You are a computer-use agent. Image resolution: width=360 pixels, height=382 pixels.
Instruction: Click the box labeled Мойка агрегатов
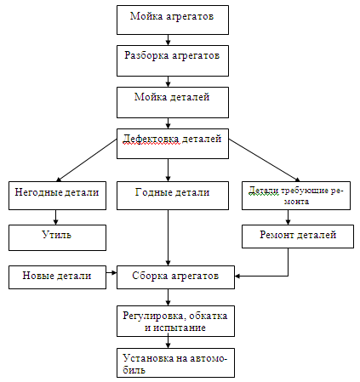click(173, 20)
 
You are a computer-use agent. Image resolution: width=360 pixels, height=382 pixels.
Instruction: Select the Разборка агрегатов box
click(173, 60)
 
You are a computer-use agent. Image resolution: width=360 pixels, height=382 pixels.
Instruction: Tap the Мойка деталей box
click(173, 102)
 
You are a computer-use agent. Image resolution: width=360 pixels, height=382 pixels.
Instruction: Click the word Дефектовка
click(151, 139)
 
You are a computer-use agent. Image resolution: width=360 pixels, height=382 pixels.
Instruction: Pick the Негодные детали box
click(57, 196)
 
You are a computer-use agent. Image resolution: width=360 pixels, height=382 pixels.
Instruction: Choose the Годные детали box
click(173, 196)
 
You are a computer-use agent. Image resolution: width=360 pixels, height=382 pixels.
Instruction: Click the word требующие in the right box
click(306, 191)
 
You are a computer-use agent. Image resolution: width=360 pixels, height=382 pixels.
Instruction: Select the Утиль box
click(57, 237)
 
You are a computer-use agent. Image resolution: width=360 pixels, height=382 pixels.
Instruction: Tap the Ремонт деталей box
click(298, 237)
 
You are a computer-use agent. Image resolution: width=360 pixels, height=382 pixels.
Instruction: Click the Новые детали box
click(57, 277)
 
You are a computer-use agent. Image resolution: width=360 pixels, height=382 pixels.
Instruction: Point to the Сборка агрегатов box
click(175, 277)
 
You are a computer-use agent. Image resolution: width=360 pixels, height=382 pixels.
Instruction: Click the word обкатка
click(209, 316)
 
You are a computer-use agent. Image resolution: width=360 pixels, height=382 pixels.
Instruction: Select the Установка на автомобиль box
click(175, 362)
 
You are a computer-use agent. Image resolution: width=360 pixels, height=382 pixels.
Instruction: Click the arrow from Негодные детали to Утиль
click(55, 218)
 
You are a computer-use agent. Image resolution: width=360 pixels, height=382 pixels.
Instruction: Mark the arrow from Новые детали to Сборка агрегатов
click(111, 273)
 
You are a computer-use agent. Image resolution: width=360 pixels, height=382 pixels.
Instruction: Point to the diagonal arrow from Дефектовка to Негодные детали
click(87, 160)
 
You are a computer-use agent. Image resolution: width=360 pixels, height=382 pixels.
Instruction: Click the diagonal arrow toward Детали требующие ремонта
click(265, 160)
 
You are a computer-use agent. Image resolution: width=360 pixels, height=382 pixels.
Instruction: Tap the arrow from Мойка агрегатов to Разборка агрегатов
click(168, 40)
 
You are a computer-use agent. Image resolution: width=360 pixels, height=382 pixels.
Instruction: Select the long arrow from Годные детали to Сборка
click(168, 238)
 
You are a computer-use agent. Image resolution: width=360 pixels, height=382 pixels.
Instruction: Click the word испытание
click(180, 328)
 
